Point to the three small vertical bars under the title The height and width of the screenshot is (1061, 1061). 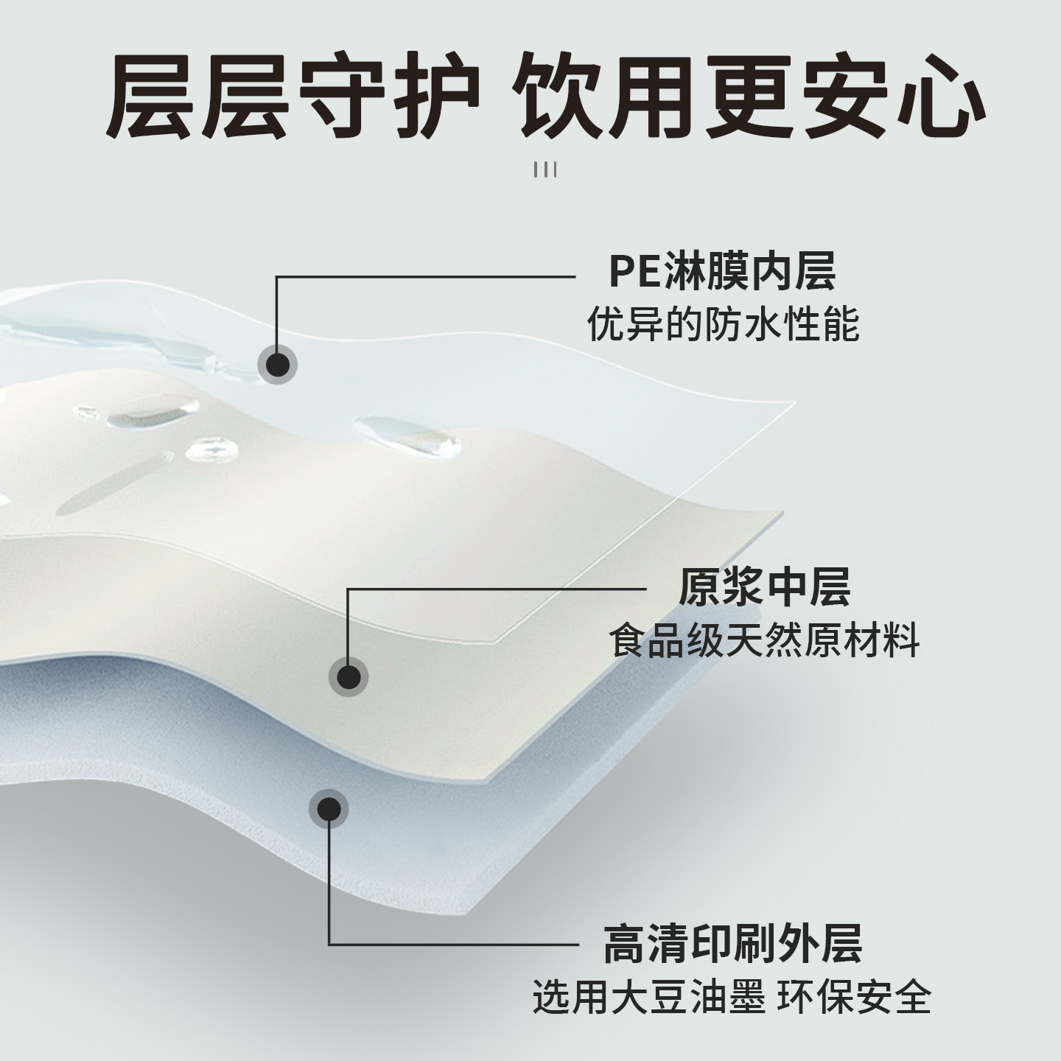pos(545,170)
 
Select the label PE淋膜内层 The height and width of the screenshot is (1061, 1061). pos(722,272)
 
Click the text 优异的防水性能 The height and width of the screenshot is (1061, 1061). pos(723,324)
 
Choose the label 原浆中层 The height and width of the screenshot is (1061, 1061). pos(764,587)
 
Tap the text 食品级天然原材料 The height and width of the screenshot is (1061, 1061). pos(764,640)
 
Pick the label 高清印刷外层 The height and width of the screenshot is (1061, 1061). pos(732,944)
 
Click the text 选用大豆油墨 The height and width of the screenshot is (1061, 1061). pos(648,997)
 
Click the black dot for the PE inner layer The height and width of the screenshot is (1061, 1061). pos(277,364)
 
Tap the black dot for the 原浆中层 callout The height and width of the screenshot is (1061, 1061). pos(348,676)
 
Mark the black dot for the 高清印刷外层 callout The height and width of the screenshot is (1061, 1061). pos(329,809)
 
